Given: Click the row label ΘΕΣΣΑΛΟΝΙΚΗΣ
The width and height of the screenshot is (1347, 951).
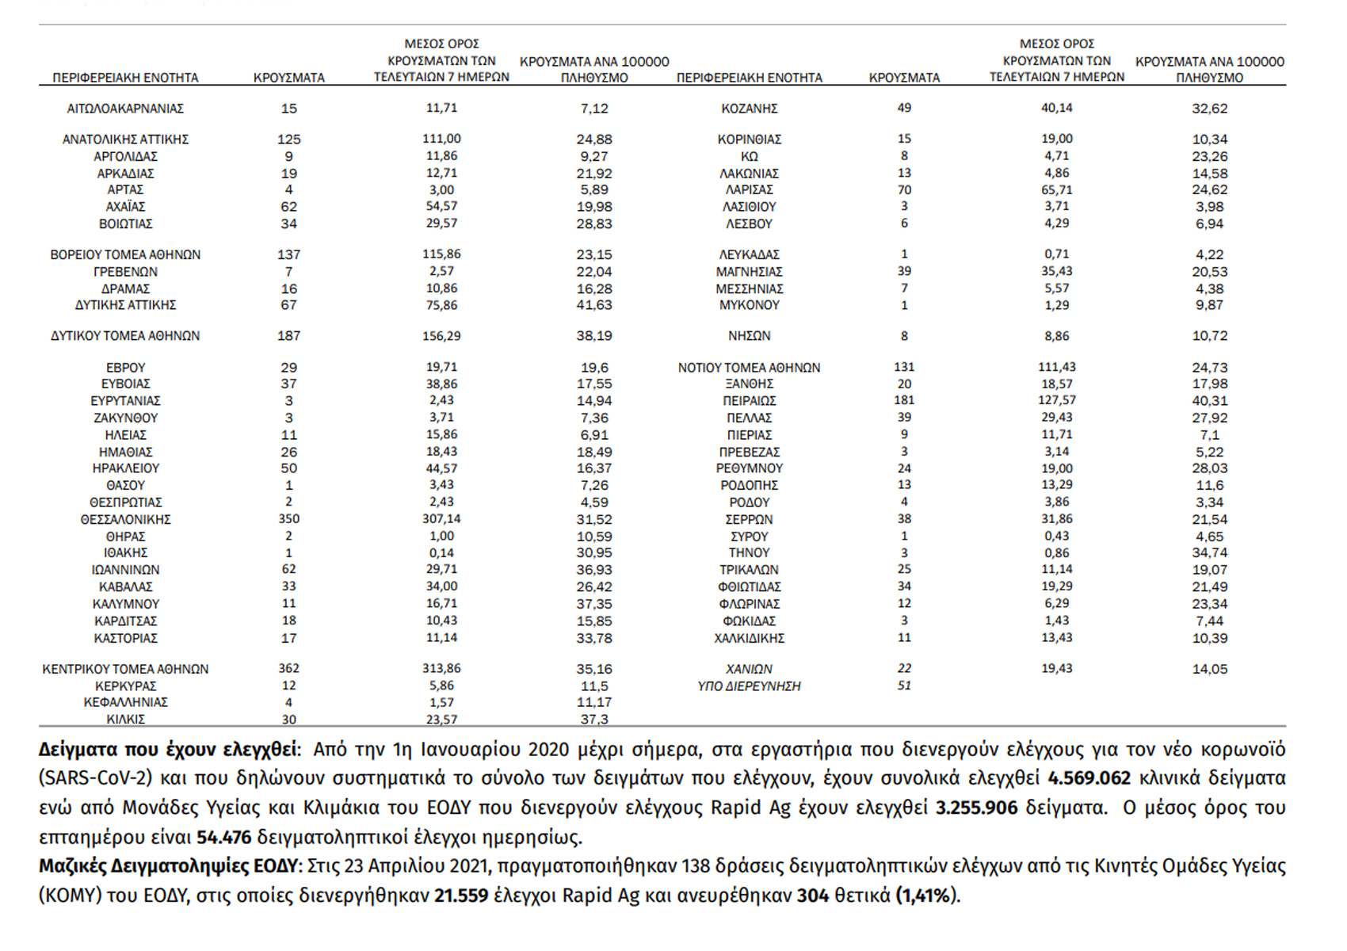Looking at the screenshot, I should pyautogui.click(x=125, y=520).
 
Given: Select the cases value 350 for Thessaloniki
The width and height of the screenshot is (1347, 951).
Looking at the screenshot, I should pyautogui.click(x=288, y=519).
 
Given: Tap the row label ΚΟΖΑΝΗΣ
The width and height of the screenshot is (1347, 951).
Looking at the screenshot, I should pyautogui.click(x=749, y=109).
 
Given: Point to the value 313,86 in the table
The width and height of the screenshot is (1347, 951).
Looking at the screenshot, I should pyautogui.click(x=441, y=669).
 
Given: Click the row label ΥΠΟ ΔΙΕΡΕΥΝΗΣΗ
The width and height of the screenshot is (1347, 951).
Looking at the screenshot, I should pyautogui.click(x=749, y=686).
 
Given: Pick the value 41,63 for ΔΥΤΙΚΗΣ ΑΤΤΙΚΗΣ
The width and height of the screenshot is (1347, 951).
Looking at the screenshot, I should pyautogui.click(x=593, y=305).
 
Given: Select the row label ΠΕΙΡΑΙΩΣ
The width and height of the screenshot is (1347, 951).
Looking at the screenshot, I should pyautogui.click(x=749, y=401).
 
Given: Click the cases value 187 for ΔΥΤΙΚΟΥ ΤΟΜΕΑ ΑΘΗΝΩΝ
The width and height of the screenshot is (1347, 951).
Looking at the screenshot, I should pyautogui.click(x=288, y=336).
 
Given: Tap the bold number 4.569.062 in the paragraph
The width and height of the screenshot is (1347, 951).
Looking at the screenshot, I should pyautogui.click(x=1089, y=778).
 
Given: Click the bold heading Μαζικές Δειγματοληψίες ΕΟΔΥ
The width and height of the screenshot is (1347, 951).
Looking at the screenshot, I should pyautogui.click(x=169, y=866).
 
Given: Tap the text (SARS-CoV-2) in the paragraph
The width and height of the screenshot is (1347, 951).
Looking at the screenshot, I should pyautogui.click(x=95, y=778).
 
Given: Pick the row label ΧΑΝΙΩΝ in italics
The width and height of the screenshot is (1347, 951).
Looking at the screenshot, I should pyautogui.click(x=749, y=669).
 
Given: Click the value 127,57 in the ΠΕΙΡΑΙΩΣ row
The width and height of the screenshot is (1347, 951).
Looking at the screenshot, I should pyautogui.click(x=1056, y=401).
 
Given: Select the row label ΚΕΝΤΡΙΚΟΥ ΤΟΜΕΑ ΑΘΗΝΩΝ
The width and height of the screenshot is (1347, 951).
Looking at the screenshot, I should pyautogui.click(x=125, y=669).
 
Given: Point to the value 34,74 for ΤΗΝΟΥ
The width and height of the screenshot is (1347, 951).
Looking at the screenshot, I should pyautogui.click(x=1209, y=553).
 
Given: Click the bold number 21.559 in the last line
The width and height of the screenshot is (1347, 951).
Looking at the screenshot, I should pyautogui.click(x=460, y=896).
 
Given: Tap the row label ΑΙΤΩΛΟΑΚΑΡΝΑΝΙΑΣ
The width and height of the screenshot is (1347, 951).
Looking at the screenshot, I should pyautogui.click(x=125, y=109).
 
